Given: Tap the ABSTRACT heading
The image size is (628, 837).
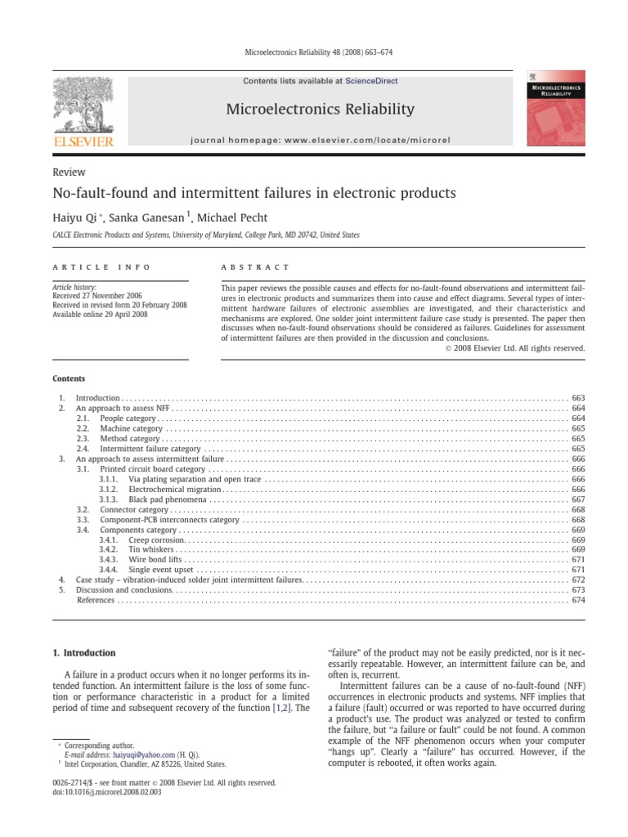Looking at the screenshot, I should click(256, 267).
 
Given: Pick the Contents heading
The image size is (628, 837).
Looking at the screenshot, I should click(69, 378).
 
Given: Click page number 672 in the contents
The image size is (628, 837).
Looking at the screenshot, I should click(578, 580).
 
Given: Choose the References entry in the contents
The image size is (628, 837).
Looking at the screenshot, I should click(96, 600).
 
